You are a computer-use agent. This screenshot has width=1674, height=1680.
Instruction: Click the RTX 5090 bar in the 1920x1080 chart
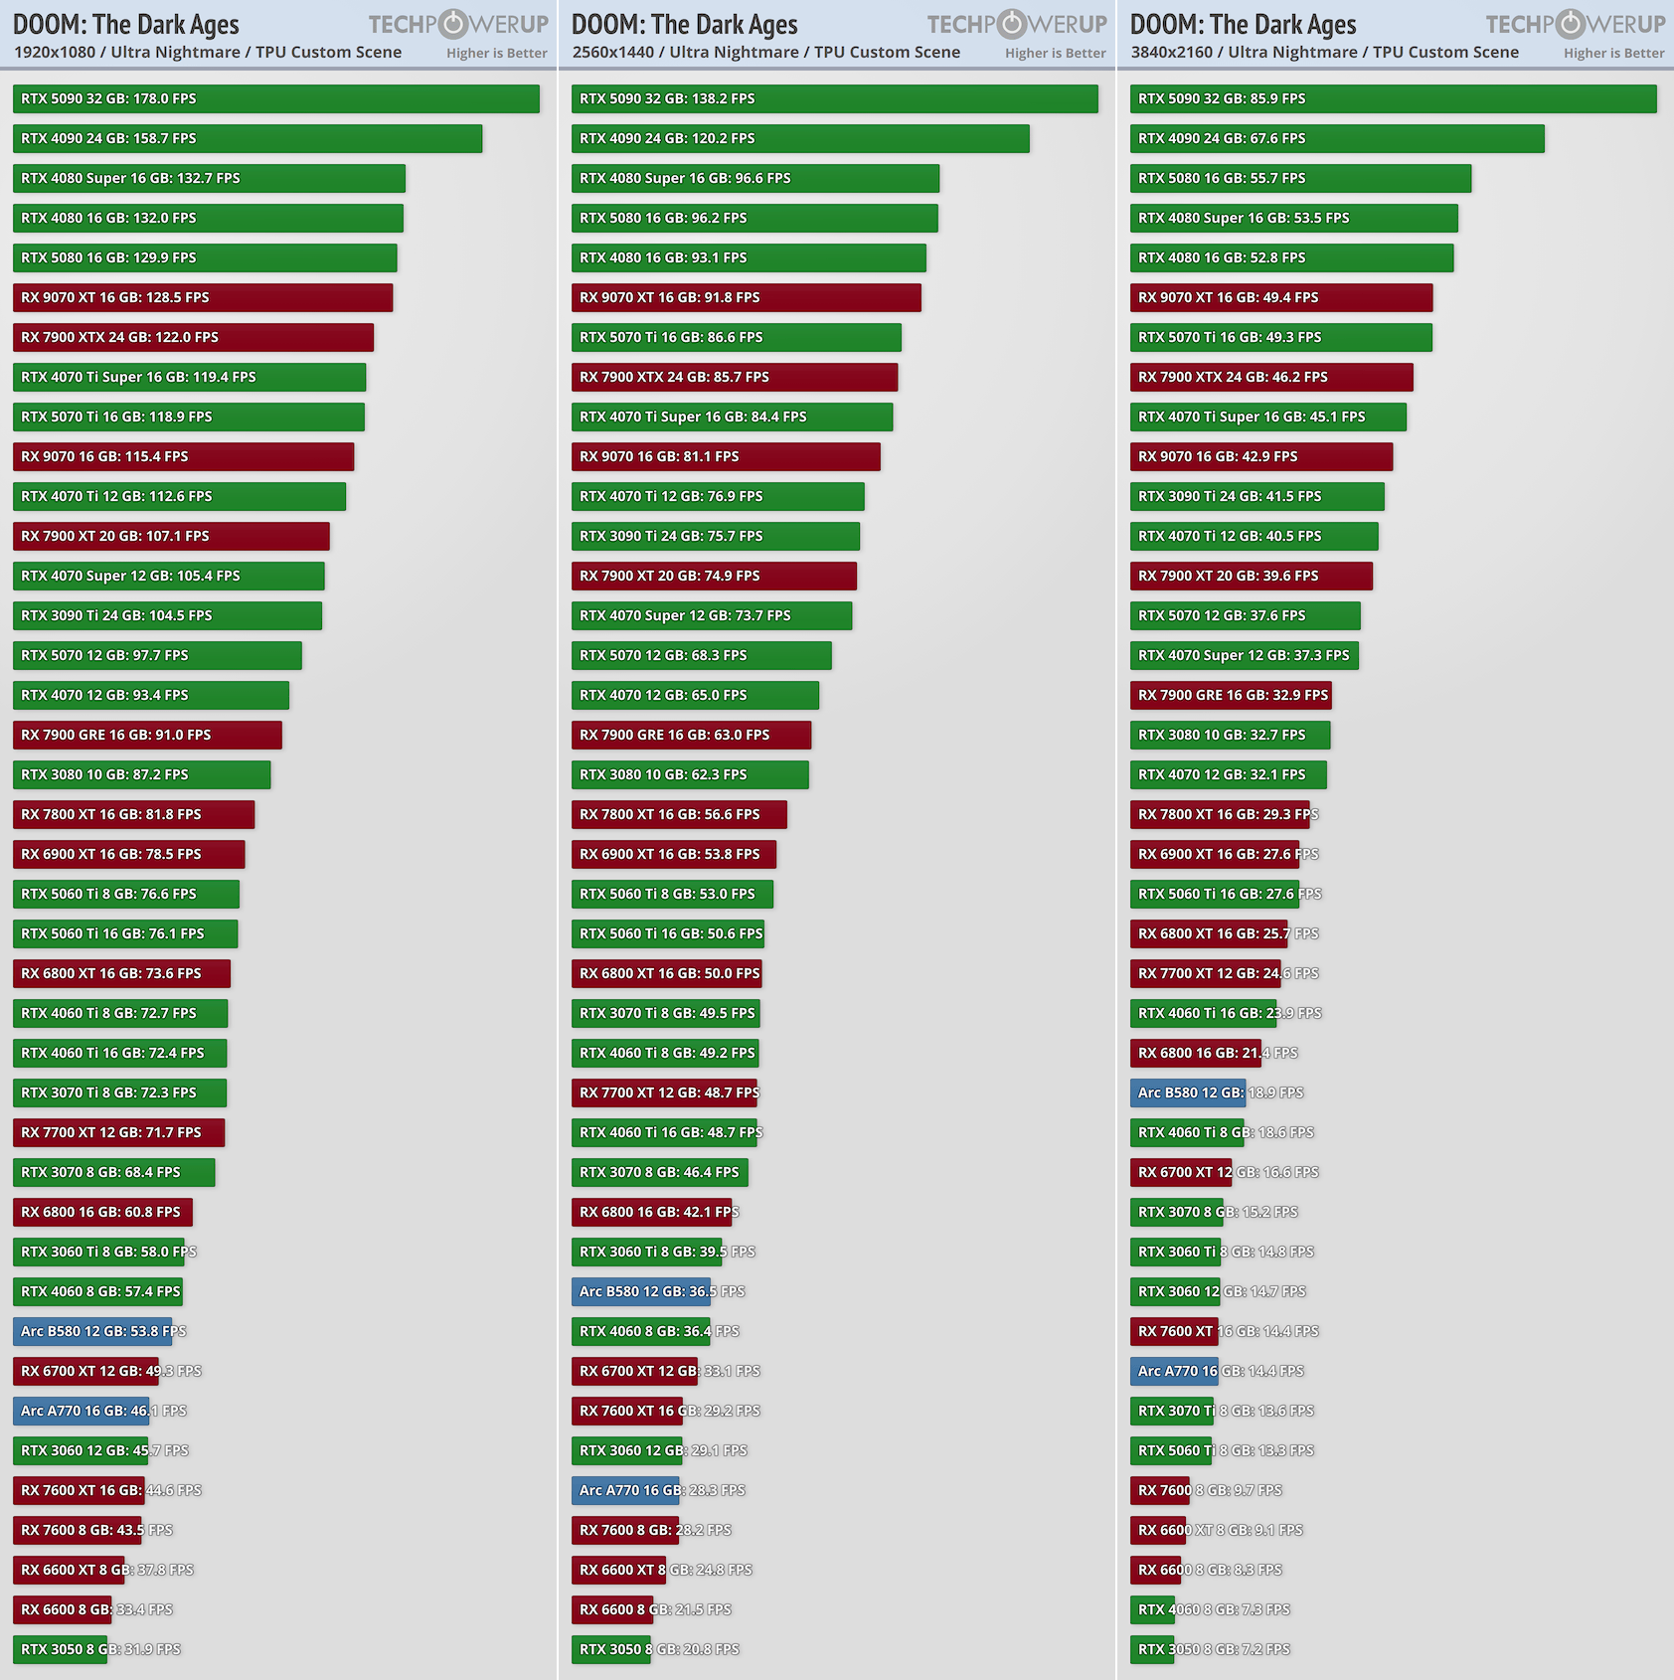pos(275,98)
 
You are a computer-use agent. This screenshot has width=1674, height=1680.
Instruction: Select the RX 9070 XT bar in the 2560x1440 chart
pos(746,297)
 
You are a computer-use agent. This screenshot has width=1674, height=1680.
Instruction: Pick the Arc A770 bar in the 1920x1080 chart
pos(82,1411)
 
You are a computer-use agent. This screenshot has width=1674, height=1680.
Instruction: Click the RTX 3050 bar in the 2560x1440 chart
pos(611,1649)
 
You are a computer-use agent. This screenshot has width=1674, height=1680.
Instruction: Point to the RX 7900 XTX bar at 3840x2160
pos(1270,377)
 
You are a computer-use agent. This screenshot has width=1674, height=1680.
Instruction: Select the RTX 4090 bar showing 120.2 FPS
pos(800,138)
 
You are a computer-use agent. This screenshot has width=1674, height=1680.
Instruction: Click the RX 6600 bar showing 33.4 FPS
pos(62,1609)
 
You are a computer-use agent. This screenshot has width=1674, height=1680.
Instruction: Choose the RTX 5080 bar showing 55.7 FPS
pos(1300,178)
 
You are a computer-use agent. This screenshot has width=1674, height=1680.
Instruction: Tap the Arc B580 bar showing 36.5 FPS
pos(641,1291)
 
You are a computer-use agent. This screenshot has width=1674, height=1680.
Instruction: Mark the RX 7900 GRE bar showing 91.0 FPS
pos(147,735)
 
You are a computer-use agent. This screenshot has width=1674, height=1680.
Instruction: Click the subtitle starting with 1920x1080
pos(208,52)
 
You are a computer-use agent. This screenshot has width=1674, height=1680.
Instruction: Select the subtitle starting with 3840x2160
pos(1324,52)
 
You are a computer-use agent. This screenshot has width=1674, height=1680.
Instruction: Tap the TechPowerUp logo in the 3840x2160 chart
pos(1575,24)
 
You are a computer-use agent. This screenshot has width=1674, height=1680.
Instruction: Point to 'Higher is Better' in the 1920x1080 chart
pos(497,53)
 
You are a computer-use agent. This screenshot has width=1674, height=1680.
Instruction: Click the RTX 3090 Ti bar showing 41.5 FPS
pos(1256,496)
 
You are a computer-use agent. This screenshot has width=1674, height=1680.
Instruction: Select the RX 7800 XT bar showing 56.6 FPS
pos(679,814)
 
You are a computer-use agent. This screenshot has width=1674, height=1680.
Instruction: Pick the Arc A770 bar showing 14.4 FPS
pos(1174,1371)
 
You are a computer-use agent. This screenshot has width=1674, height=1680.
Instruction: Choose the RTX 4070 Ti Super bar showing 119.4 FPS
pos(189,377)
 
